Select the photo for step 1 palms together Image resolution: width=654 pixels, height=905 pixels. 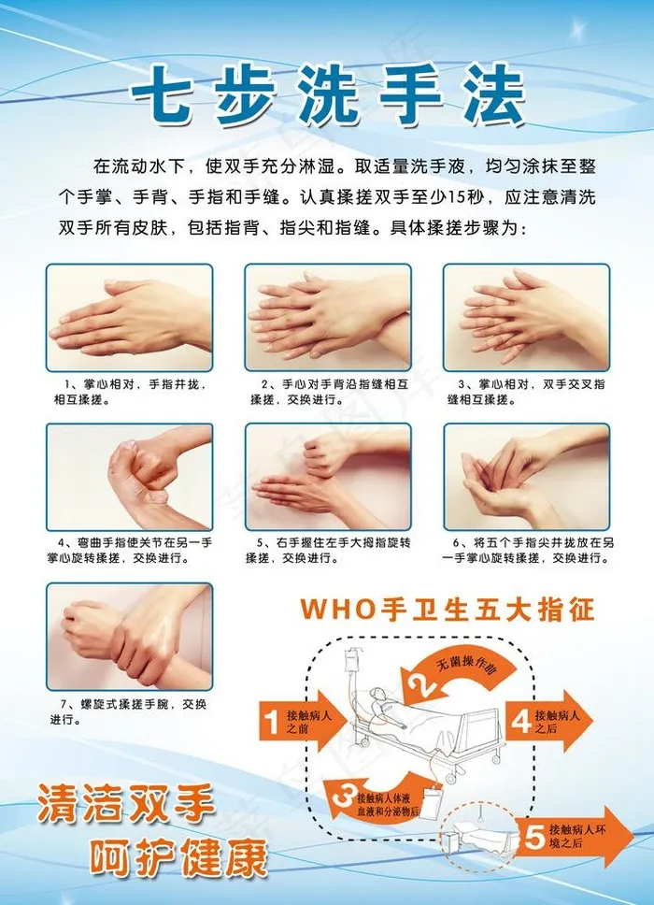[x=130, y=318]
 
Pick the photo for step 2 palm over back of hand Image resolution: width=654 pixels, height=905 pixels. [x=328, y=318]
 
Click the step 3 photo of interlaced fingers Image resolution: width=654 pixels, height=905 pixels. [x=527, y=318]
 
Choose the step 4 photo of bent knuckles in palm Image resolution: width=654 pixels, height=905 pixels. [x=130, y=477]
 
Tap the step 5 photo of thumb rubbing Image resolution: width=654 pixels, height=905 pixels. [x=328, y=477]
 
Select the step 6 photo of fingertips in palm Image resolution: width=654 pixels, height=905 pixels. [x=527, y=477]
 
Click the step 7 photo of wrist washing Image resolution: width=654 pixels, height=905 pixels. [x=130, y=636]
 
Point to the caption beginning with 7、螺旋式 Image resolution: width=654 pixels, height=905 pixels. [x=127, y=711]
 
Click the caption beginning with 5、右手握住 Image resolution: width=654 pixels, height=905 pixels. [x=328, y=550]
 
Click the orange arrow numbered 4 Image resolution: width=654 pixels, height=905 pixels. [x=547, y=722]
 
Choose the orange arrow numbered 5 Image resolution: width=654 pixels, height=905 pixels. [x=574, y=837]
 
